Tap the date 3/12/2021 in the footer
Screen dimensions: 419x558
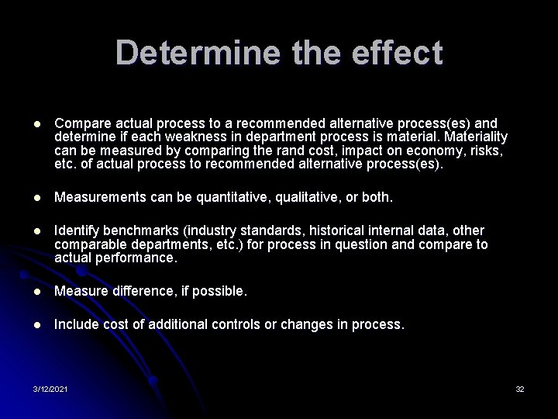coord(50,388)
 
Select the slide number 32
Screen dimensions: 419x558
coord(520,388)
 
